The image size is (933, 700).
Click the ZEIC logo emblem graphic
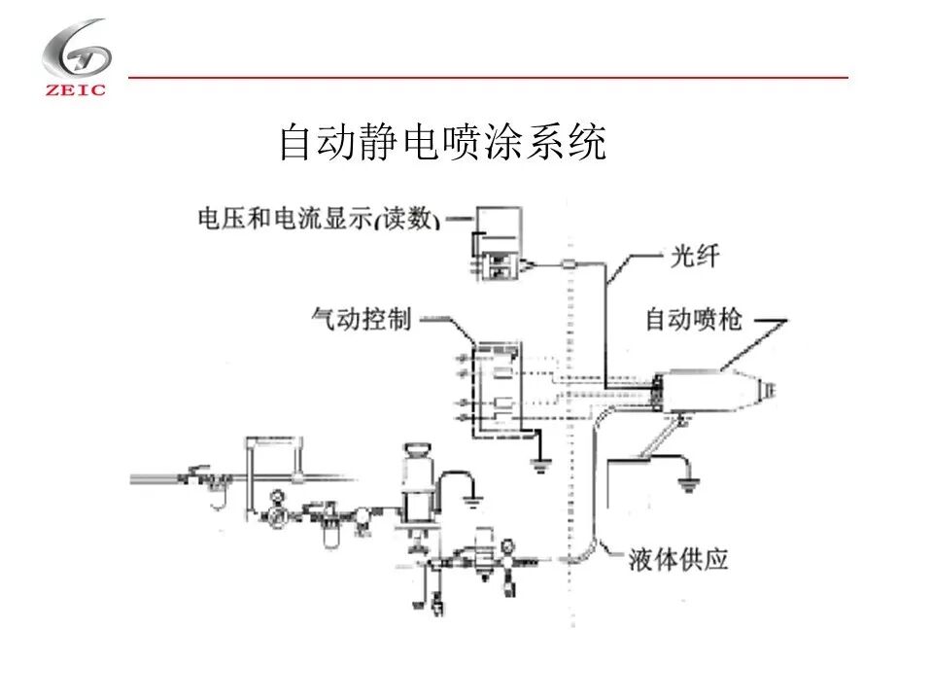pyautogui.click(x=76, y=50)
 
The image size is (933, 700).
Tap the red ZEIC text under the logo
pyautogui.click(x=76, y=91)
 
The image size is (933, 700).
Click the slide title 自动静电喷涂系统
pyautogui.click(x=442, y=142)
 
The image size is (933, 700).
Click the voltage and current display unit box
pyautogui.click(x=499, y=244)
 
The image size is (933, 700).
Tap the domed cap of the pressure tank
pyautogui.click(x=418, y=451)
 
